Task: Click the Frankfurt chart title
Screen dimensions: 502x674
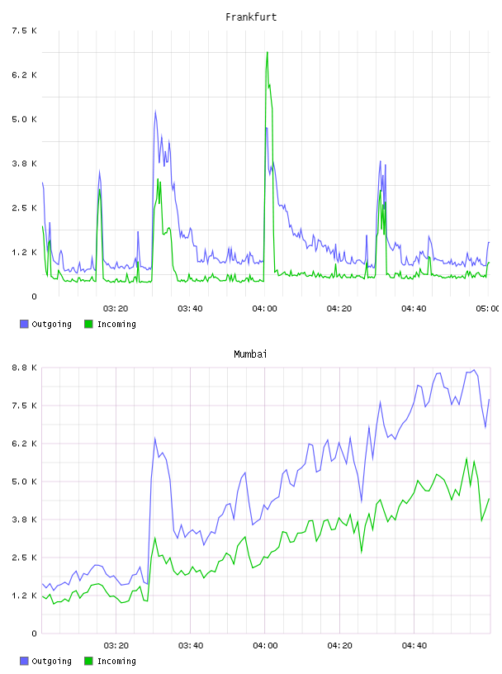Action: tap(251, 17)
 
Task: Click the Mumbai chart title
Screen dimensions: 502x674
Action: tap(250, 354)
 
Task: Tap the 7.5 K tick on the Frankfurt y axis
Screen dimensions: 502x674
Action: tap(24, 31)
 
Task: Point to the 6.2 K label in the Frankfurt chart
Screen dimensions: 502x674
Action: tap(24, 75)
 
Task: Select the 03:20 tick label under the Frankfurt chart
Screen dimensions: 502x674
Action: tap(116, 308)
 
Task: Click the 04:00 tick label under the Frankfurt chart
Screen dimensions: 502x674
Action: tap(265, 308)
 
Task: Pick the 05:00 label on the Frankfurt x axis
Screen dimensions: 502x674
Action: tap(487, 308)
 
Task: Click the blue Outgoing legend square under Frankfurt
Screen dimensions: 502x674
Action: tap(24, 324)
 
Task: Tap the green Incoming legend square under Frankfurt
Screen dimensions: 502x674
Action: tap(88, 324)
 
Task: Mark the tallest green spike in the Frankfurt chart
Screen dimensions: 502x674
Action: tap(268, 52)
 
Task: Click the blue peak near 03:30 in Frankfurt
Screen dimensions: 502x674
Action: tap(155, 112)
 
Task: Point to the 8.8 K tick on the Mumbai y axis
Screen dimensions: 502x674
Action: tap(24, 368)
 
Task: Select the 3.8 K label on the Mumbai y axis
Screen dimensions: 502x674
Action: tap(24, 520)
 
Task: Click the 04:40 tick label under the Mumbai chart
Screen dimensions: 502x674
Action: tap(414, 645)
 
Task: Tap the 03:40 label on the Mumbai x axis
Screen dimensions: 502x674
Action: tap(191, 645)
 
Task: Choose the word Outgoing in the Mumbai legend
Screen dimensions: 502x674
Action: tap(51, 661)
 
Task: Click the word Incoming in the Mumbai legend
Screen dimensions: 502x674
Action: tap(116, 661)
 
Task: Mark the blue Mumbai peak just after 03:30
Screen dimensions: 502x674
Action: tap(154, 439)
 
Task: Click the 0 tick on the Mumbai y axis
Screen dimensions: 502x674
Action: tap(34, 634)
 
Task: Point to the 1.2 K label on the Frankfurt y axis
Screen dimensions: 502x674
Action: tap(24, 252)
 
